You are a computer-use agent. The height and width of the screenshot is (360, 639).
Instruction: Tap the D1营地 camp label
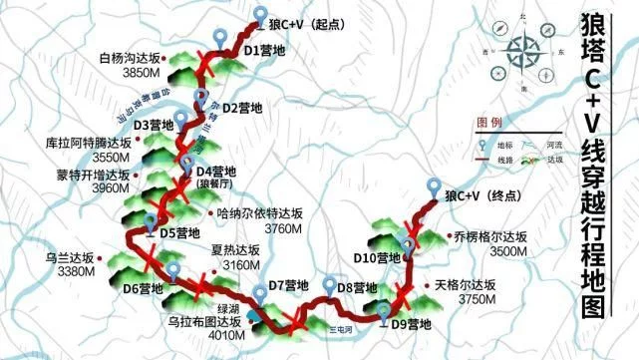click(264, 49)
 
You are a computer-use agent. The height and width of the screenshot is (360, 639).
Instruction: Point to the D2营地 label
click(242, 107)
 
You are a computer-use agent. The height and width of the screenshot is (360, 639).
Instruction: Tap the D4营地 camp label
click(215, 172)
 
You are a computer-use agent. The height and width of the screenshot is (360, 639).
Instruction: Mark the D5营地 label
click(180, 233)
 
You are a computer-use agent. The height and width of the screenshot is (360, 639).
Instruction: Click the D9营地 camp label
click(411, 323)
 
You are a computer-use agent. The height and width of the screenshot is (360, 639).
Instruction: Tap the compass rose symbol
click(524, 56)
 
